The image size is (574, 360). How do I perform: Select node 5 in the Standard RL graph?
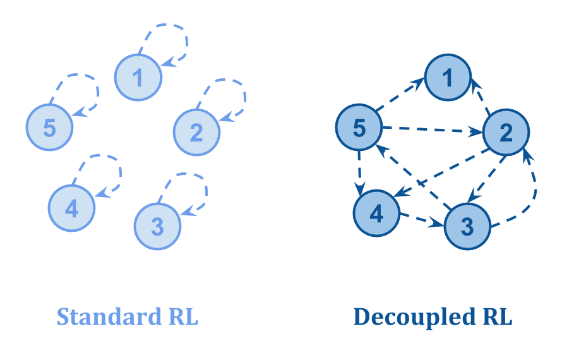[x=50, y=128]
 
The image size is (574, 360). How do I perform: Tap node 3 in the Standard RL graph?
[x=157, y=225]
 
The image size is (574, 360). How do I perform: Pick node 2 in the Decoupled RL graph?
[x=506, y=133]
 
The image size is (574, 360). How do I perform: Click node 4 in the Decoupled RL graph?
[x=376, y=214]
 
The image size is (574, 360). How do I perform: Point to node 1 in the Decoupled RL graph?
[x=448, y=78]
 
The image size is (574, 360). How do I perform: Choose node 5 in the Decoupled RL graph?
[x=359, y=128]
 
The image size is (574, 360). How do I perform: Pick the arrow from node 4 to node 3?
[x=422, y=220]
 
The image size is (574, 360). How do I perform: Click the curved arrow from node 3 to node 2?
[x=535, y=189]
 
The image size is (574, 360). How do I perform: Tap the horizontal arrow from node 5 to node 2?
[x=432, y=131]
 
